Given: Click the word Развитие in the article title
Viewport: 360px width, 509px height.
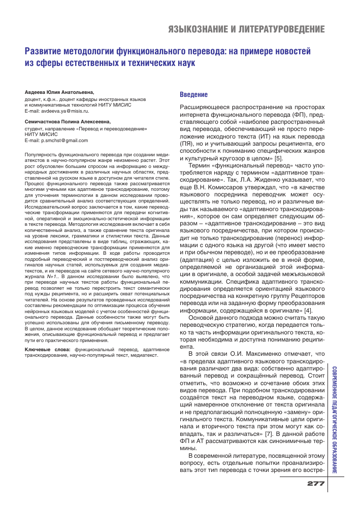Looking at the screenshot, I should (47, 51).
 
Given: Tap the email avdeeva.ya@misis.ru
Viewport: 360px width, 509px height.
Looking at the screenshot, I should (66, 110).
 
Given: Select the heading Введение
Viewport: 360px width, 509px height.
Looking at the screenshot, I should (194, 94).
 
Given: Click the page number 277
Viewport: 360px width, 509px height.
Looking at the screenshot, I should (316, 484).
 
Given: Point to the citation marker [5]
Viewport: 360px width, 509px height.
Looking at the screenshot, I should (279, 158).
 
